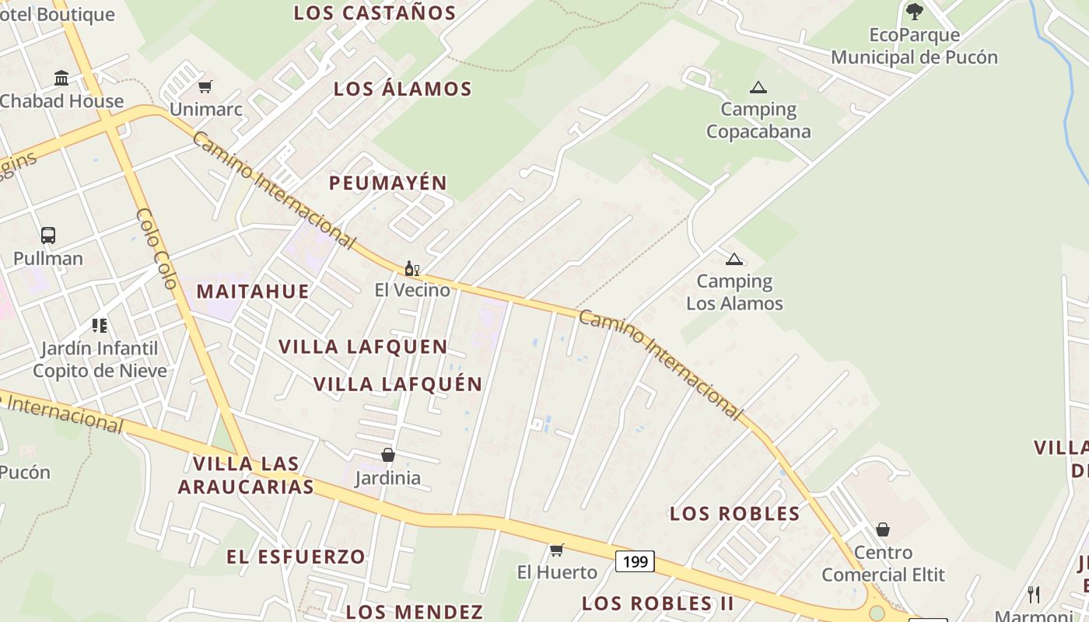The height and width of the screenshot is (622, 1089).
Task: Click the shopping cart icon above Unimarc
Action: coord(205,86)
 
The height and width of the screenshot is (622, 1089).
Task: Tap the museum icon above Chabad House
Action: coord(61,78)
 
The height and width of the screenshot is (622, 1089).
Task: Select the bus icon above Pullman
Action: coord(48,235)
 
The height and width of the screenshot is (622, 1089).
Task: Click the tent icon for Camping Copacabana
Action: coord(758,87)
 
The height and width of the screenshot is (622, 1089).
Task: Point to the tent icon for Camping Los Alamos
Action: coord(734,259)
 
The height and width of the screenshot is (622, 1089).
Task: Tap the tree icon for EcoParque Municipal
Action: coord(914,12)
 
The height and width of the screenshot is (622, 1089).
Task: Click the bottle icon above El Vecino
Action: coord(411,268)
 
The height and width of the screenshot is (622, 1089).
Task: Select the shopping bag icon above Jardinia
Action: coord(387,455)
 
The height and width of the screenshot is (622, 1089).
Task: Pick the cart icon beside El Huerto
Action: coord(556,550)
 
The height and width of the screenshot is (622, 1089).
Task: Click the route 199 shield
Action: coord(636,561)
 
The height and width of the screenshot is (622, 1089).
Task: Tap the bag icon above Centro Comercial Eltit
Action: coord(882,529)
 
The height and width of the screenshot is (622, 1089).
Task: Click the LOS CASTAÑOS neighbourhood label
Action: coord(375,12)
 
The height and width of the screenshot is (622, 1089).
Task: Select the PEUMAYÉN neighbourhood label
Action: coord(388,183)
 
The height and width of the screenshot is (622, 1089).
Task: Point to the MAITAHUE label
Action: coord(253,292)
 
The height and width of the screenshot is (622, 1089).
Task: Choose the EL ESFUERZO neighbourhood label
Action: coord(296,557)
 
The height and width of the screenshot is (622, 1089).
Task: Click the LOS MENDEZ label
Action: coord(415,612)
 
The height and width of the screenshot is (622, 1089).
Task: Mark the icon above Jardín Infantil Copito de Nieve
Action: coord(99,325)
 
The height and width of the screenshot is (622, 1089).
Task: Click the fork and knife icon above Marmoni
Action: coord(1034,595)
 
